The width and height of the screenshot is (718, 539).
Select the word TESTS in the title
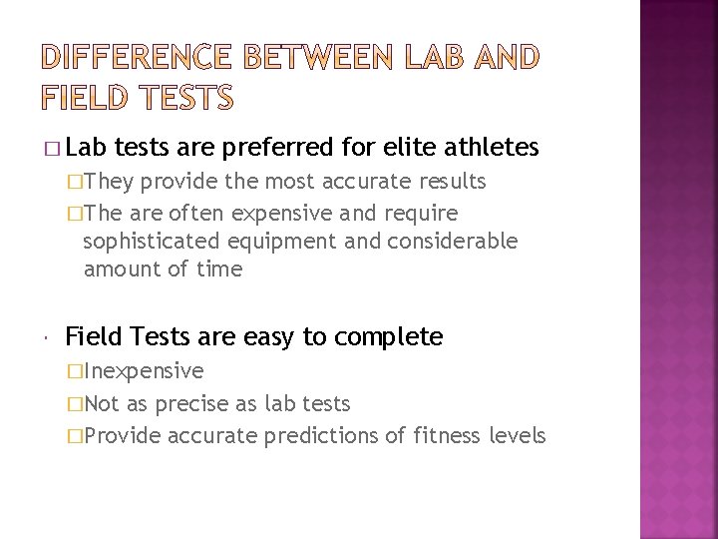click(180, 98)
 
